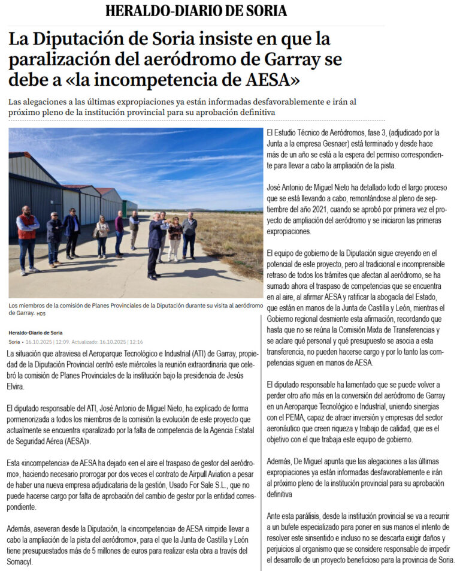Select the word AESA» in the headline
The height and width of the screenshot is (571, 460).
(x=264, y=80)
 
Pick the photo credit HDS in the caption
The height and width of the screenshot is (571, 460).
(x=41, y=313)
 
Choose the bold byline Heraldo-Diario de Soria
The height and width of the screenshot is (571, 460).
(x=35, y=333)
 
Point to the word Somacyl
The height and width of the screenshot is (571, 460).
(x=26, y=562)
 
